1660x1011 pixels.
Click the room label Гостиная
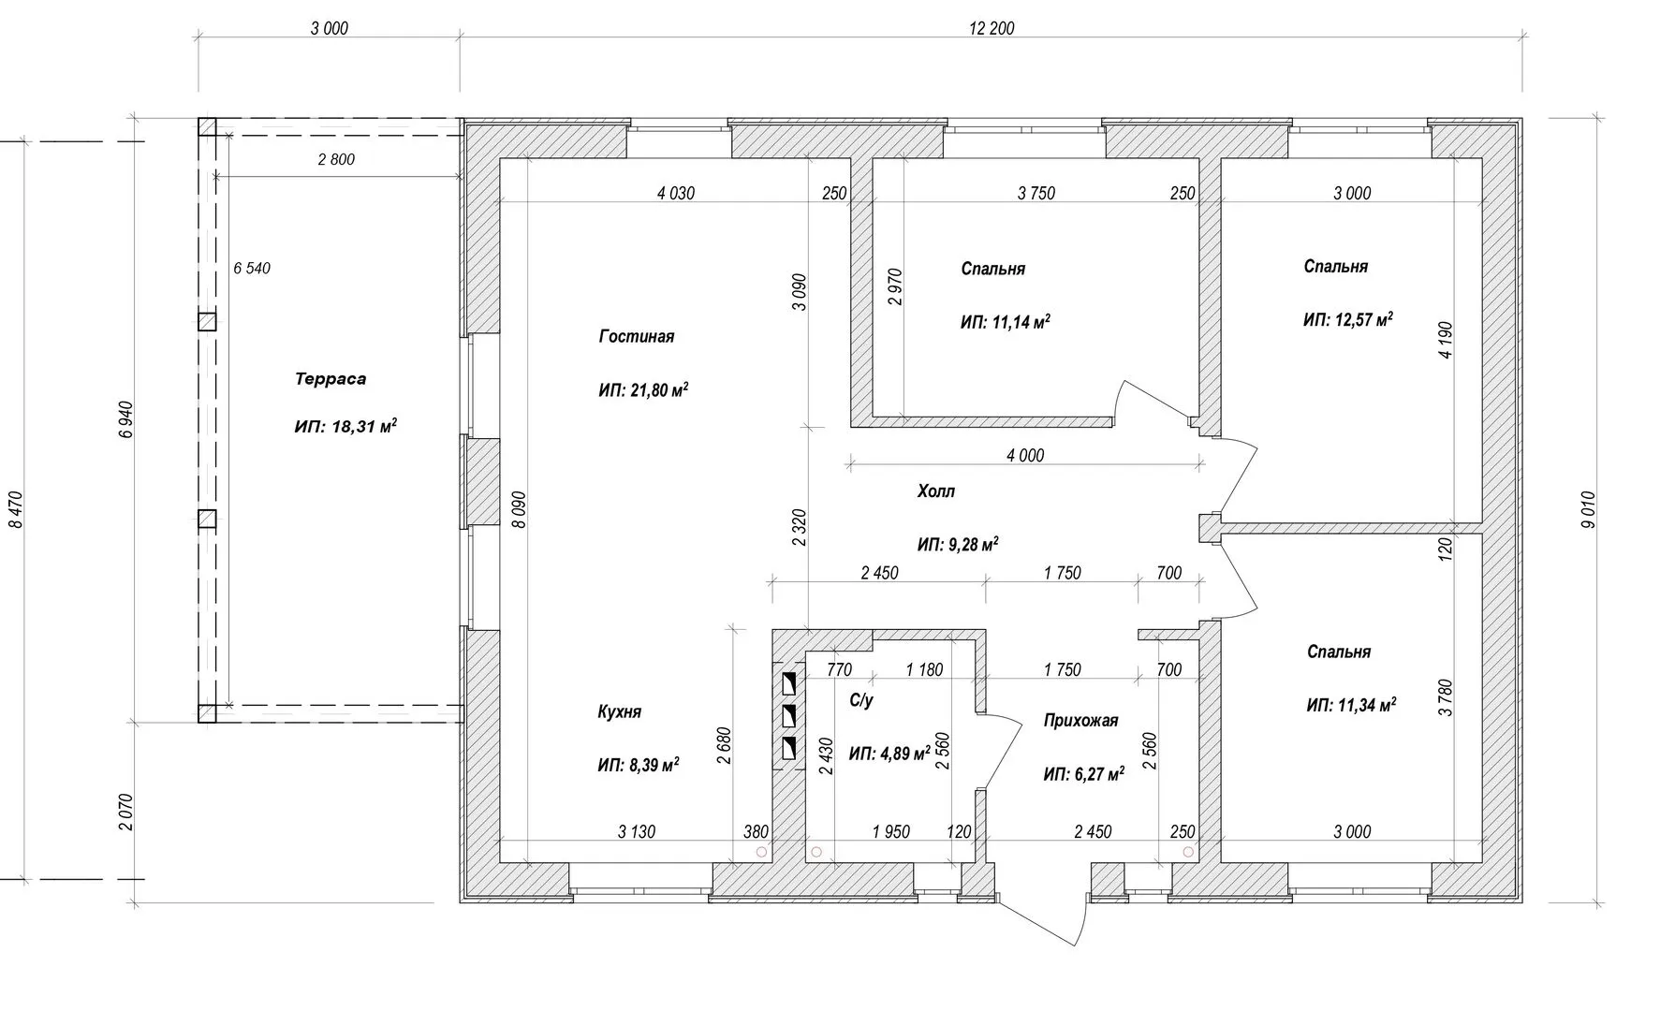tap(637, 337)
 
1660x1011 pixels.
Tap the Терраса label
tap(331, 379)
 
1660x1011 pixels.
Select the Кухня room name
tap(620, 712)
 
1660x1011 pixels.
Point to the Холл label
tap(936, 491)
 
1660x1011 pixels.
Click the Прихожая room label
tap(1081, 721)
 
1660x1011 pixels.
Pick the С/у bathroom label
tap(861, 700)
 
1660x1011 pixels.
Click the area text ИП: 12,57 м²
tap(1348, 320)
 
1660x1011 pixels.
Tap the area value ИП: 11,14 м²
tap(1006, 323)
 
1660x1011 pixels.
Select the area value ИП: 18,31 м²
tap(345, 427)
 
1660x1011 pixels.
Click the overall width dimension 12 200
tap(992, 28)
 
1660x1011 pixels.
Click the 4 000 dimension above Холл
tap(1025, 456)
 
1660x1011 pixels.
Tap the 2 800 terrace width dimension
tap(336, 160)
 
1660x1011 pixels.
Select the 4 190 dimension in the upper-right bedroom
tap(1447, 341)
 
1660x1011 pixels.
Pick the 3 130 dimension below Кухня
tap(637, 831)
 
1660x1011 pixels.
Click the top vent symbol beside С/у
tap(789, 682)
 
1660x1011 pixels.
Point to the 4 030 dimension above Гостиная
tap(676, 194)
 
